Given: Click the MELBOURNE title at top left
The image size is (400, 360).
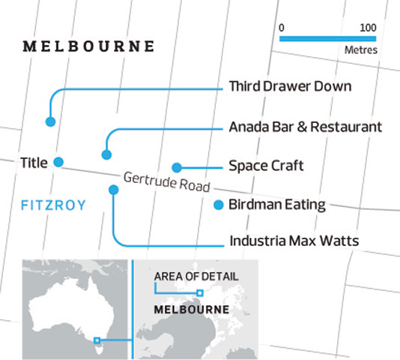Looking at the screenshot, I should pyautogui.click(x=89, y=46).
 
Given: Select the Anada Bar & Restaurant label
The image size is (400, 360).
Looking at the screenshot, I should pyautogui.click(x=305, y=127).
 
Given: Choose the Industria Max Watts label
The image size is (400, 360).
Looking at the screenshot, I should pyautogui.click(x=294, y=241).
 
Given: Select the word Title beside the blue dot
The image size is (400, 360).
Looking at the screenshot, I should pyautogui.click(x=33, y=162).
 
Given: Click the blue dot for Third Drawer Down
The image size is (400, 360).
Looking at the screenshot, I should pyautogui.click(x=51, y=121).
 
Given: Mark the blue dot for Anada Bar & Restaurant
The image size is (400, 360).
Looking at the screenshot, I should pyautogui.click(x=106, y=154).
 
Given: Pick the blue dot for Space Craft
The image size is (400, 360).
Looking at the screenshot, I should pyautogui.click(x=177, y=166).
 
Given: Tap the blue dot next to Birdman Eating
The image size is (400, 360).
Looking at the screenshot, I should pyautogui.click(x=218, y=204).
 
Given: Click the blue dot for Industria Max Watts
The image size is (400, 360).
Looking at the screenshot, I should pyautogui.click(x=113, y=190).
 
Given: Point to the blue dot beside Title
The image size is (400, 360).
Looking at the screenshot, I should pyautogui.click(x=58, y=162).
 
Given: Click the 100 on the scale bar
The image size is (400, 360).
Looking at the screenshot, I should pyautogui.click(x=367, y=27).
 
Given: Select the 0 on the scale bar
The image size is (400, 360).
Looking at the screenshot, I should pyautogui.click(x=282, y=27).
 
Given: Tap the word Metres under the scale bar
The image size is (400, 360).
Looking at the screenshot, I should pyautogui.click(x=360, y=52).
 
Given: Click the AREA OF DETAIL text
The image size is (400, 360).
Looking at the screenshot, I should pyautogui.click(x=196, y=276).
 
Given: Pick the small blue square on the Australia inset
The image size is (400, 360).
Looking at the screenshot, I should pyautogui.click(x=97, y=341).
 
